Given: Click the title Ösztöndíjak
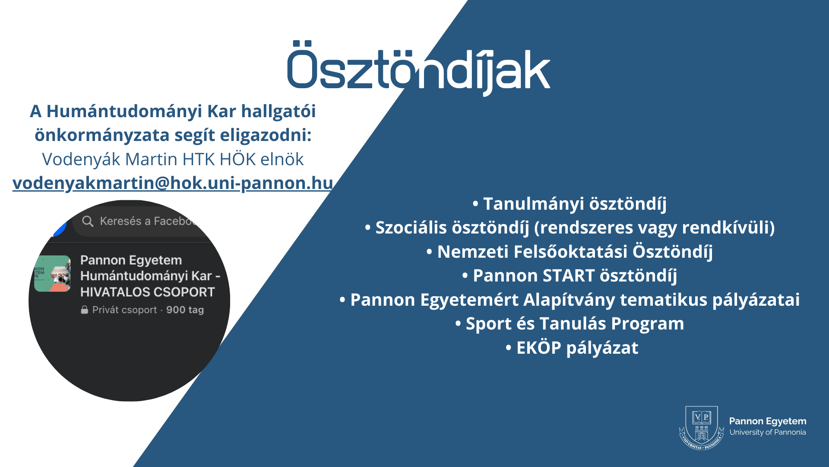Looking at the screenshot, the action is click(x=418, y=68).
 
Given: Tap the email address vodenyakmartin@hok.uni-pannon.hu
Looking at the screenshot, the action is click(x=173, y=183).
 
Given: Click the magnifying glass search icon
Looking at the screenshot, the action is click(x=88, y=221).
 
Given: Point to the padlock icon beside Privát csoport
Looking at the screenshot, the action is click(x=85, y=310).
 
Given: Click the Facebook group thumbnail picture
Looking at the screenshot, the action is click(x=52, y=274).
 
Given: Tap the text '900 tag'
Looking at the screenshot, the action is click(x=185, y=310).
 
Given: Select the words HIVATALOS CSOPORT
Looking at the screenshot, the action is click(x=148, y=292).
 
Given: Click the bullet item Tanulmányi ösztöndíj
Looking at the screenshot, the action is click(x=570, y=204).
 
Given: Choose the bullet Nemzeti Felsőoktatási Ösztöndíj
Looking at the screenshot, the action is click(x=570, y=252).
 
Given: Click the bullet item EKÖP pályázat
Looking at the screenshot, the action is click(x=572, y=348).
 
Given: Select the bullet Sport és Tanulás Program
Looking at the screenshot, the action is click(x=570, y=324).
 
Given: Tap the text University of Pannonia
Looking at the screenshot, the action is click(x=768, y=432).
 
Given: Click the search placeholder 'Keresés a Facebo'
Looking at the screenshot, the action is click(x=147, y=221).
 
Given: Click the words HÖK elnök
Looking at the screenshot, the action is click(x=262, y=160).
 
